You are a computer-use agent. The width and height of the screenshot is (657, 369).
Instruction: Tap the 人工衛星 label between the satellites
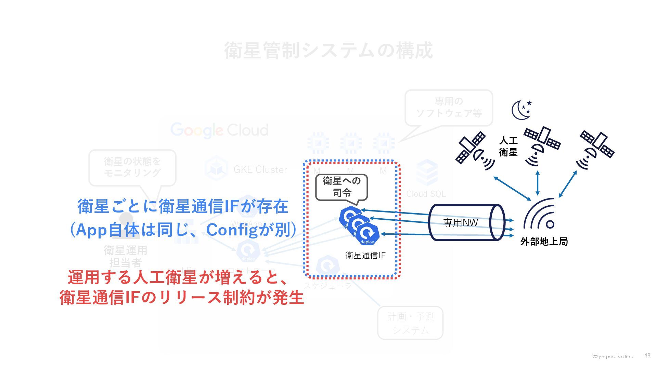[x=508, y=146]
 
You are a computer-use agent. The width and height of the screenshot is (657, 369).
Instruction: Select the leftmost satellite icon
[x=474, y=150]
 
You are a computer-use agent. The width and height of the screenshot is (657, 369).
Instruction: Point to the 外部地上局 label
[x=544, y=242]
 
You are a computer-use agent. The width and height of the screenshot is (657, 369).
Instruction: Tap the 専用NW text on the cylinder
[x=460, y=223]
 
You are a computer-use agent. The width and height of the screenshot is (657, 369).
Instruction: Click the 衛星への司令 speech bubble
[x=342, y=187]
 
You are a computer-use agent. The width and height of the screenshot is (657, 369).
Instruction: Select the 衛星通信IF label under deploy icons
[x=365, y=255]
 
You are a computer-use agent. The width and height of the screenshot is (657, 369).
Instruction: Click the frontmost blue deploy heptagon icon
[x=367, y=234]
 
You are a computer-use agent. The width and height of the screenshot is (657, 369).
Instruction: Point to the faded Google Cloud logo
[x=219, y=131]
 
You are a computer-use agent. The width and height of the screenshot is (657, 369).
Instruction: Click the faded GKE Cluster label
[x=260, y=169]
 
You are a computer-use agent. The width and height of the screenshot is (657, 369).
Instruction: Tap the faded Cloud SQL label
[x=426, y=194]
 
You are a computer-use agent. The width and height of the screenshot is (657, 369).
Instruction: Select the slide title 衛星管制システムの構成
[x=328, y=51]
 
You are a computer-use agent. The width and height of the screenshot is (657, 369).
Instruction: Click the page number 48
[x=647, y=356]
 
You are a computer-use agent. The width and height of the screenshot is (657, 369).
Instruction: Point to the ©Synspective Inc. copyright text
[x=613, y=357]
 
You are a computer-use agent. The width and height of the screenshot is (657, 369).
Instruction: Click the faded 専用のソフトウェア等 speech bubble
[x=449, y=107]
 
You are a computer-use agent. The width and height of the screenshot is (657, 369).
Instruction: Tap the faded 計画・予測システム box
[x=410, y=323]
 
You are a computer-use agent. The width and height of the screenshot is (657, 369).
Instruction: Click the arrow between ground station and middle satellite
[x=538, y=183]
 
